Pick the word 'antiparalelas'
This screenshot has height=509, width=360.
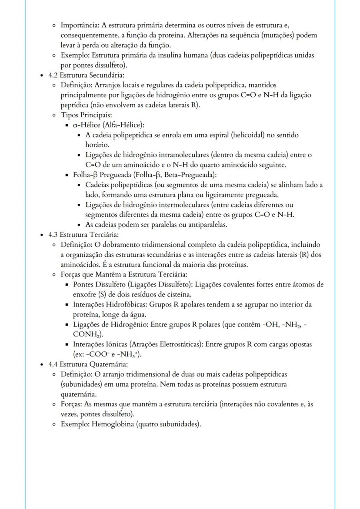(x=208, y=225)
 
